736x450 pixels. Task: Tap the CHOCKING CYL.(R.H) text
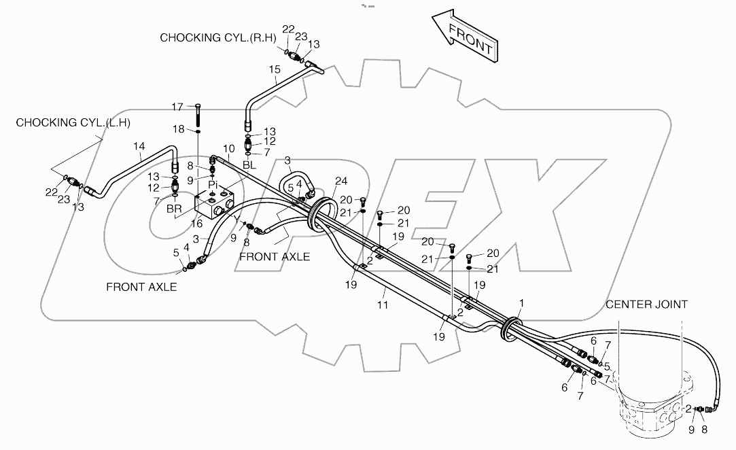pos(217,38)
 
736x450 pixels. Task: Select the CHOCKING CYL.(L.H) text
pos(73,122)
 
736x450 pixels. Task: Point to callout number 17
pos(177,107)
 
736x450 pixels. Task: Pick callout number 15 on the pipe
pos(275,69)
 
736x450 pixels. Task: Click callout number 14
pos(139,146)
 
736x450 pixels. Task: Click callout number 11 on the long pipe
pos(383,306)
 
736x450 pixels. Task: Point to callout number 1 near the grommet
pos(521,302)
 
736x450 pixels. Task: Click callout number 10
pos(228,148)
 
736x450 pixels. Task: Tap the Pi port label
pos(213,184)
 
